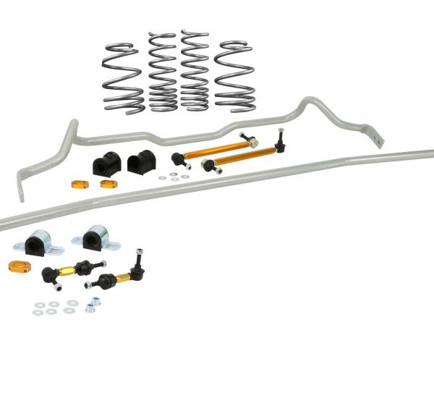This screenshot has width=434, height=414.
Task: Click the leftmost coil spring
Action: click(123, 76)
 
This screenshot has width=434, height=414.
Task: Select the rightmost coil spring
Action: click(234, 76)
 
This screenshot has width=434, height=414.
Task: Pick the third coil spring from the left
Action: click(195, 71)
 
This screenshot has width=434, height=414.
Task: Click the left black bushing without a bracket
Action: click(105, 164)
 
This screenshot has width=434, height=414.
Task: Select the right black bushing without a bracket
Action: click(140, 161)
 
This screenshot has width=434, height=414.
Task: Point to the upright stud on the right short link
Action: click(138, 258)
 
